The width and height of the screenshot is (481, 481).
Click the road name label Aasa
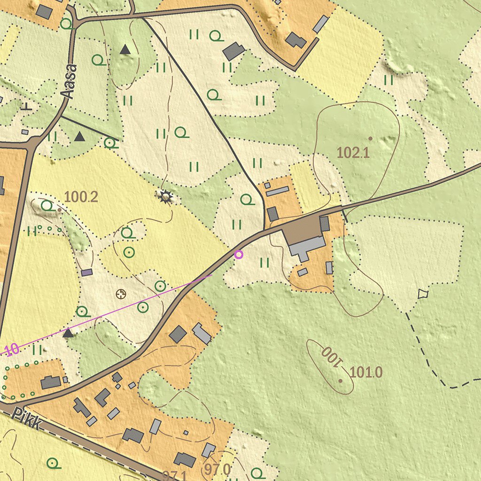[69, 82]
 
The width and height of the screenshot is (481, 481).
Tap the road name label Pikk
[27, 418]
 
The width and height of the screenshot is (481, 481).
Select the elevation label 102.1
[353, 152]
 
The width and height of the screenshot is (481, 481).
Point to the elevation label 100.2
[81, 197]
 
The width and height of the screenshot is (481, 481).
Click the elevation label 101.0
[366, 372]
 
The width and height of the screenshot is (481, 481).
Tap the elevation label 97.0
[217, 469]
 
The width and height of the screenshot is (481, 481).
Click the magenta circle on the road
[239, 255]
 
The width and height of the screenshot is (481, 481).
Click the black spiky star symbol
[165, 197]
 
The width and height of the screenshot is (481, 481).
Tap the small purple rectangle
[87, 272]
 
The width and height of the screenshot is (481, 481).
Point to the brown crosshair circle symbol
[121, 294]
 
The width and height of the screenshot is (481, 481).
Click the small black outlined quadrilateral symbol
[423, 294]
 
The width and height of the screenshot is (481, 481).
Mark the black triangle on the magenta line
[68, 334]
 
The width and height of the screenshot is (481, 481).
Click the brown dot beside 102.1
[370, 139]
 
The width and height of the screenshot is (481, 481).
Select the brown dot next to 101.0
[341, 380]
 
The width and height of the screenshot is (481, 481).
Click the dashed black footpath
[427, 357]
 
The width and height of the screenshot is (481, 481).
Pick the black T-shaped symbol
[27, 106]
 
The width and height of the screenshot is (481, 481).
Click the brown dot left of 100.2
[59, 210]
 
